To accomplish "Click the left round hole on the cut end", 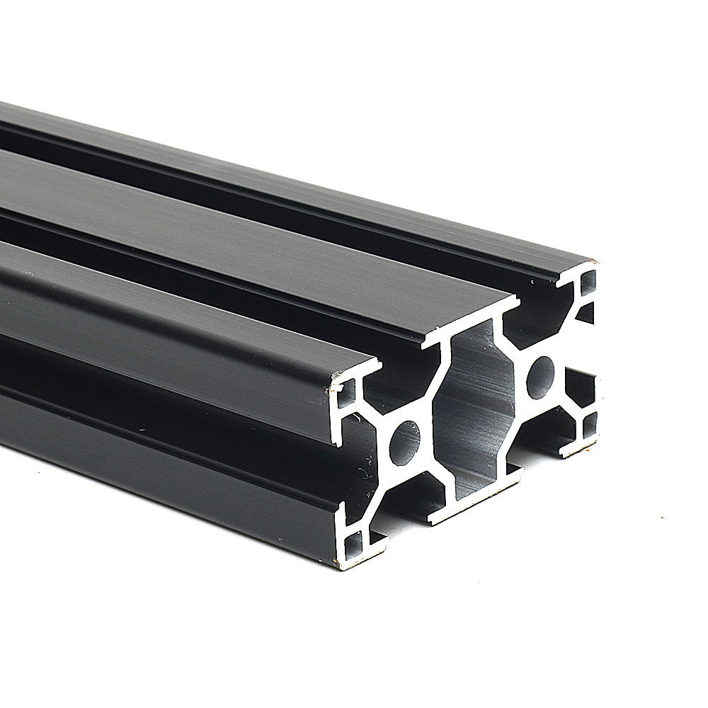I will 404,443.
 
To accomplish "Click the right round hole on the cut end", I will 541,376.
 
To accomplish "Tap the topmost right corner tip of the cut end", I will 593,261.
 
